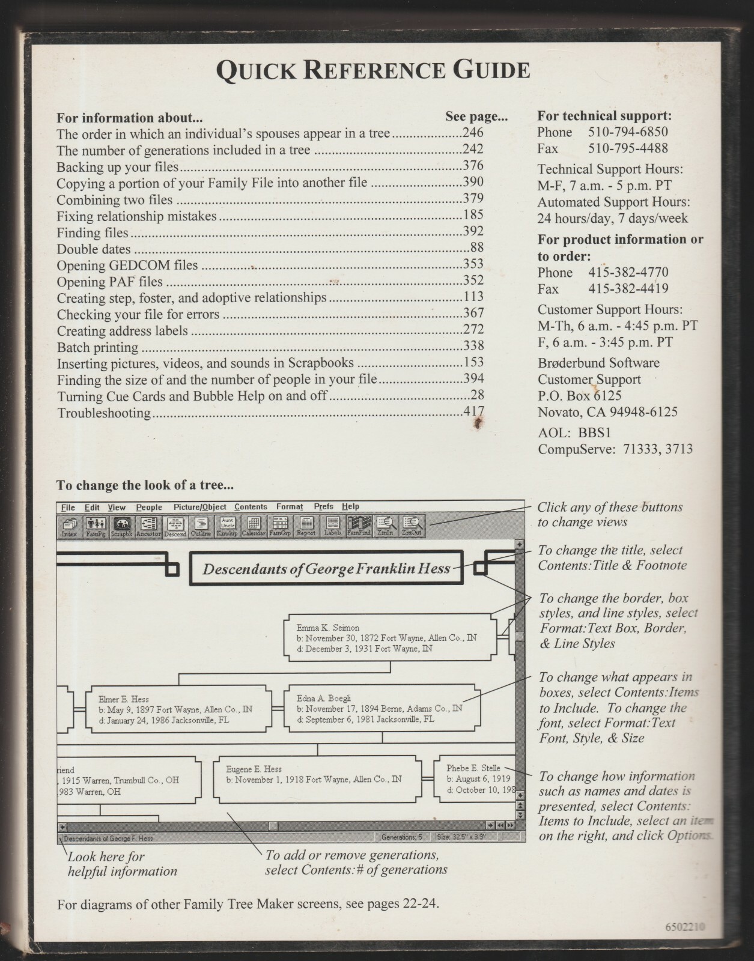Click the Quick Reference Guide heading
tap(372, 70)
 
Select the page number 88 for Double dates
tap(477, 247)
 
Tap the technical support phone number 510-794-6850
tap(628, 132)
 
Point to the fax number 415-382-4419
tap(628, 289)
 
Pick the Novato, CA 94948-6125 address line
tap(607, 412)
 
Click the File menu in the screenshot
tap(68, 507)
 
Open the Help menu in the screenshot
tap(350, 507)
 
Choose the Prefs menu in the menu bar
tap(323, 507)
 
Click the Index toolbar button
tap(69, 527)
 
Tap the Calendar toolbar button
tap(254, 527)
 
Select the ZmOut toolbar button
tap(412, 527)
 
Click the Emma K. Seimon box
tap(391, 637)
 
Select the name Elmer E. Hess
tap(123, 699)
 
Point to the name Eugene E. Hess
tap(254, 769)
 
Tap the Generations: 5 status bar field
tap(402, 837)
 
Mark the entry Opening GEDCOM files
tap(127, 265)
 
